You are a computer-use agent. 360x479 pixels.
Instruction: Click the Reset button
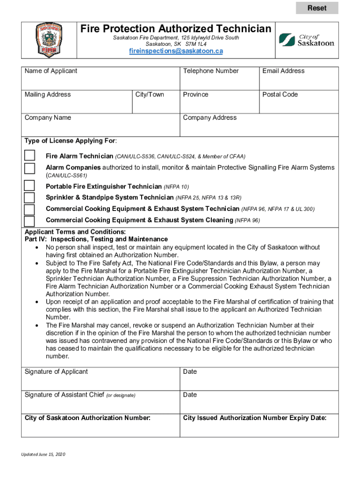[x=317, y=8]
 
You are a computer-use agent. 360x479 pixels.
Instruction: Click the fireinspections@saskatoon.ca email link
[x=176, y=51]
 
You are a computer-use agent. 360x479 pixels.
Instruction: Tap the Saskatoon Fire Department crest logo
[x=49, y=40]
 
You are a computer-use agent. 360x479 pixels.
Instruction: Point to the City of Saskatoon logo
[x=307, y=40]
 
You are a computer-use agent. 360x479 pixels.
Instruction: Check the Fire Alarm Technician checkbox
[x=29, y=155]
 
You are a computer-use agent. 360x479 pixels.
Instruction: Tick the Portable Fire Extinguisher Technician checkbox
[x=29, y=186]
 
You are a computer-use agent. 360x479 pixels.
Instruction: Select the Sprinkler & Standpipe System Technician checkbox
[x=29, y=197]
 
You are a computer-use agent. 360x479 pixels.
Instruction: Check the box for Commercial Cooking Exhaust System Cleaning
[x=29, y=221]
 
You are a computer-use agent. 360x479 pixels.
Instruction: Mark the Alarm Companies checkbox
[x=29, y=168]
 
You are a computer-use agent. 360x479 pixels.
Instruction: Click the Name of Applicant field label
[x=51, y=71]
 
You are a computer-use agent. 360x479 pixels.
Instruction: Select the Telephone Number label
[x=211, y=71]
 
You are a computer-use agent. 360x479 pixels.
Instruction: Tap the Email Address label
[x=283, y=71]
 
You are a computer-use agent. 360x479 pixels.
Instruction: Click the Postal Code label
[x=280, y=94]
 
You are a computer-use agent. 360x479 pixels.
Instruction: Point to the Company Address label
[x=210, y=118]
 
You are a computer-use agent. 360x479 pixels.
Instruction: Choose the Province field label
[x=196, y=94]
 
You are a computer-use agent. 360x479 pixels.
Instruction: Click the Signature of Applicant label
[x=56, y=372]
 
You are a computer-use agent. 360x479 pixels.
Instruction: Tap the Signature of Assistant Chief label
[x=80, y=395]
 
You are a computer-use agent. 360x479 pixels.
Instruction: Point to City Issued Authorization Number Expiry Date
[x=255, y=418]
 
